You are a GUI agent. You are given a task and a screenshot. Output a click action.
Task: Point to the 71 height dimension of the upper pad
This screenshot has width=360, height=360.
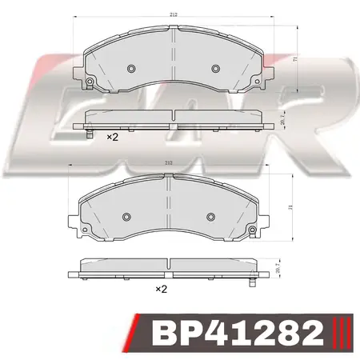pyautogui.click(x=297, y=61)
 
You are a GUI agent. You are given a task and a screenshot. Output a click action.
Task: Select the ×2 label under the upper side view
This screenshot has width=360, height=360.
pyautogui.click(x=113, y=138)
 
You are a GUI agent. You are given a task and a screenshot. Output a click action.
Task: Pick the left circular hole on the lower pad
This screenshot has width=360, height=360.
pyautogui.click(x=127, y=216)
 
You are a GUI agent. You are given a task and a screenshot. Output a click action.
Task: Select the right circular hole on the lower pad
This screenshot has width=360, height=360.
pyautogui.click(x=210, y=216)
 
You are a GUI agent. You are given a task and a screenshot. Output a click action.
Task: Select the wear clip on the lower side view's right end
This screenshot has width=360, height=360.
pyautogui.click(x=254, y=279)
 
